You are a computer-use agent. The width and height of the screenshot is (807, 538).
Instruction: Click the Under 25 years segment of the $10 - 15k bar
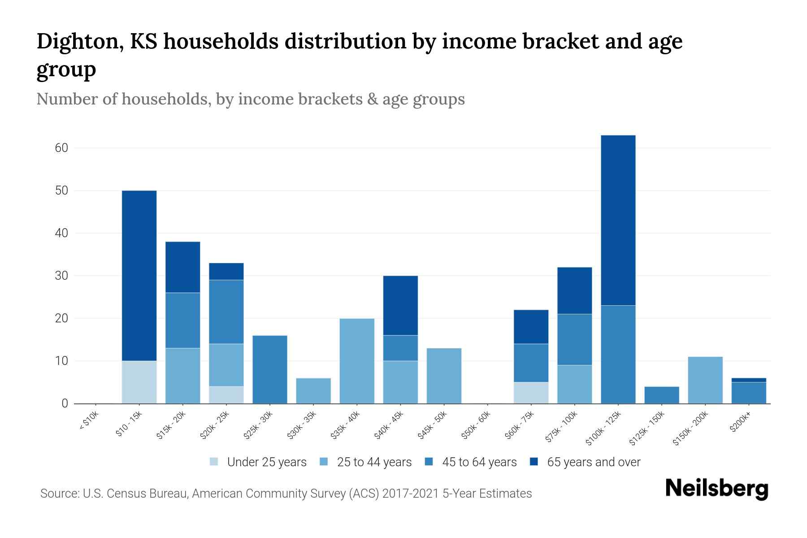coord(139,382)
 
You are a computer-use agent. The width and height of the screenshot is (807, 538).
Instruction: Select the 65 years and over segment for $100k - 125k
coord(618,220)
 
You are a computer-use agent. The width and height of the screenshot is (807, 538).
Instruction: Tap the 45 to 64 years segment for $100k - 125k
coord(618,354)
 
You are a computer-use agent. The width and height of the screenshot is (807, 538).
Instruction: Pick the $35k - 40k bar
coord(357,361)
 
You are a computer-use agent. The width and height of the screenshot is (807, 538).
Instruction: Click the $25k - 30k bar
coord(270,369)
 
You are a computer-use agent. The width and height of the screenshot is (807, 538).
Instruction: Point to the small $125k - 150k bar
coord(661,395)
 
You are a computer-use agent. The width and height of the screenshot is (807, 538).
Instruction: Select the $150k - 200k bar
coord(705,380)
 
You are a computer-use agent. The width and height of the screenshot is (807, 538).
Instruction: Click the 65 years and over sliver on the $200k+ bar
coord(748,380)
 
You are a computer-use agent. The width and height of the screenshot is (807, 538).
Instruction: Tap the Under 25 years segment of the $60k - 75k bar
coord(531,393)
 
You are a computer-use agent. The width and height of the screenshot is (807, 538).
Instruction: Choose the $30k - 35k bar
coord(313,390)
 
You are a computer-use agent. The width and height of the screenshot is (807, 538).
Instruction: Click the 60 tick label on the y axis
coord(61,148)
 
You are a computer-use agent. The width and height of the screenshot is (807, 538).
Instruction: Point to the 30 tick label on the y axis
coord(61,276)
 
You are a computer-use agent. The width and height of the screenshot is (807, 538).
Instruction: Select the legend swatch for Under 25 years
coord(214,462)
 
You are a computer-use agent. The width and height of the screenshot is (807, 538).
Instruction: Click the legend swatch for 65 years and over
coord(534,462)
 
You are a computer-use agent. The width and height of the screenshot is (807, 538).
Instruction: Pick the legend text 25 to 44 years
coord(374,462)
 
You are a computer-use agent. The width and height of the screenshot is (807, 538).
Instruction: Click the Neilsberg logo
coord(716,489)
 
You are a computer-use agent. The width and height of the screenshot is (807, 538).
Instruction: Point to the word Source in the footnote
coord(59,494)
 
